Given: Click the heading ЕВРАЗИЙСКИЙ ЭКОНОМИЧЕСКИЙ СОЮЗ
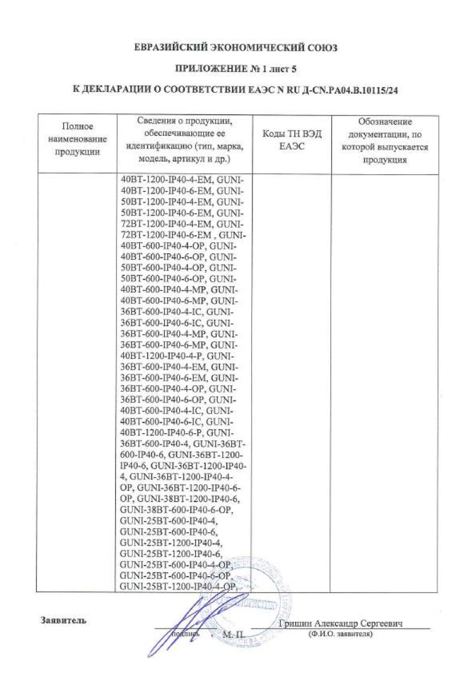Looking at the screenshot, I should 237,47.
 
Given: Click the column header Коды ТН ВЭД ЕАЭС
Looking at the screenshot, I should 293,139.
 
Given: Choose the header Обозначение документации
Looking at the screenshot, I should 385,139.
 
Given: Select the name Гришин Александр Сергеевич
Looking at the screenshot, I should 340,624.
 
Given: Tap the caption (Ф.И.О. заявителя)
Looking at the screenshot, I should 340,634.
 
